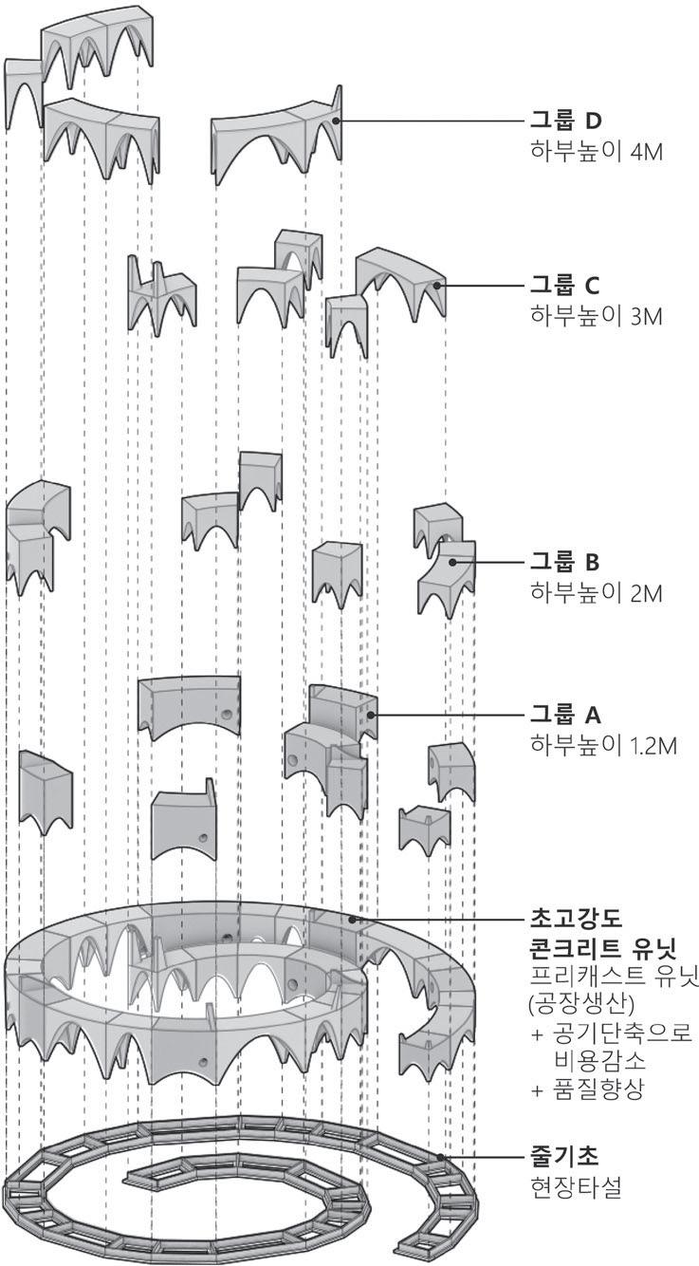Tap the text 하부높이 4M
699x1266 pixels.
(588, 151)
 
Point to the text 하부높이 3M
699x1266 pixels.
(588, 314)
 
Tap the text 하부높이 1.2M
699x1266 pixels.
(595, 744)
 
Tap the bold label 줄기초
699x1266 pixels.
(560, 1157)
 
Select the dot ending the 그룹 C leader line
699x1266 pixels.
(437, 285)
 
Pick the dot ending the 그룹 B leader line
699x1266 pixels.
(453, 562)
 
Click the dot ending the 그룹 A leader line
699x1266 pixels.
(372, 715)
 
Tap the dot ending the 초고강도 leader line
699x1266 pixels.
(352, 919)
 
